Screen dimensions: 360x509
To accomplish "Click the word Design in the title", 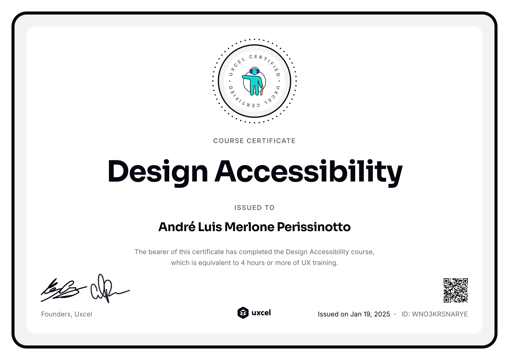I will (157, 171).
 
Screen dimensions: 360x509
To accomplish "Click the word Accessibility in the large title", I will (308, 171).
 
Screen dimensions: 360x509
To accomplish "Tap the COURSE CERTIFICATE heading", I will (254, 141).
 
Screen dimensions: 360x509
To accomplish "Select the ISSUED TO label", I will (254, 208).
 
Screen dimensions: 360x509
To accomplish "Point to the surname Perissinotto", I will (314, 227).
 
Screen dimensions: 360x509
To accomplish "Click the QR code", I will (456, 290).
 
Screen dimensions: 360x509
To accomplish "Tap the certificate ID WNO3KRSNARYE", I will (440, 314).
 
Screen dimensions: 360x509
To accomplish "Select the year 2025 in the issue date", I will (382, 314).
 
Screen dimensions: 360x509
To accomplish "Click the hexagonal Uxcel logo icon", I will (243, 313).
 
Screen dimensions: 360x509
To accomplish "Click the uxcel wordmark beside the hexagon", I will (261, 313).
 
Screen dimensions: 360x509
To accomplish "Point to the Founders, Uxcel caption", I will (66, 314).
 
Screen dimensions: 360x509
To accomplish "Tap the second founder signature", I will (107, 289).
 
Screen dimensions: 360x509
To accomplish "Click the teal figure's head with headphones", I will (254, 71).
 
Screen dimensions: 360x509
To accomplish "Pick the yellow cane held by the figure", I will (262, 90).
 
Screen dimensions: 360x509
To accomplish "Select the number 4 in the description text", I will (243, 263).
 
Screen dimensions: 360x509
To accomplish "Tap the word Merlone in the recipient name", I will (249, 227).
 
